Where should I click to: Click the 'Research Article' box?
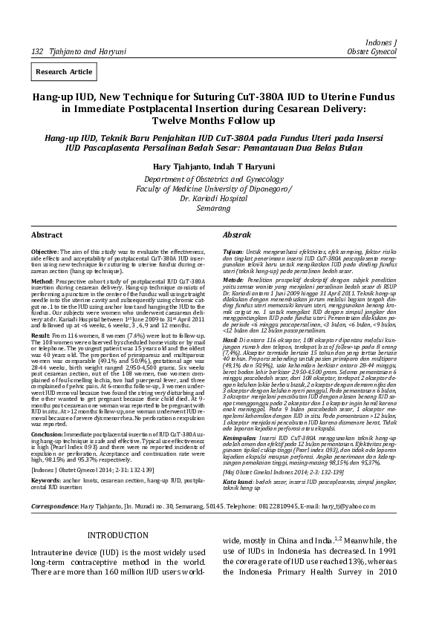pos(64,72)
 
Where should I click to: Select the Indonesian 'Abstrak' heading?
pos(237,235)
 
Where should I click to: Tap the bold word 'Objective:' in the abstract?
pos(45,252)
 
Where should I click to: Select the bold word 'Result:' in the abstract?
pos(40,336)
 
